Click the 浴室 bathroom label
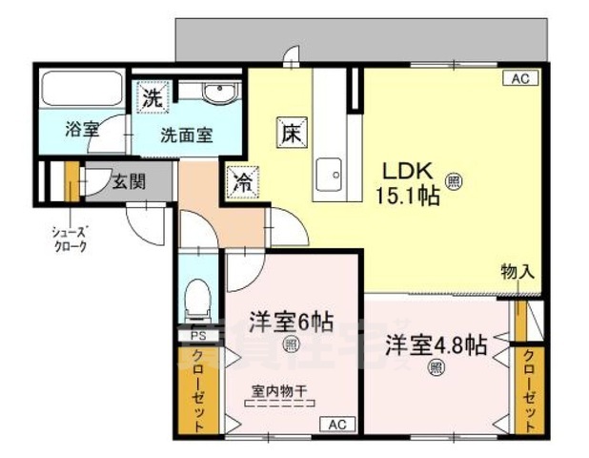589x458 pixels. (x=82, y=130)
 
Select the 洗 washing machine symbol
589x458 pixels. (x=152, y=96)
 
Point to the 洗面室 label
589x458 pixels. (x=186, y=135)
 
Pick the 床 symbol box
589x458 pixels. (x=291, y=132)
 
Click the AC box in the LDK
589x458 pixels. (x=520, y=79)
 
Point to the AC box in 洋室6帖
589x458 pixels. (x=336, y=424)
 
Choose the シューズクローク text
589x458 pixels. (x=70, y=239)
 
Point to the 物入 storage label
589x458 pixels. (x=518, y=272)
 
